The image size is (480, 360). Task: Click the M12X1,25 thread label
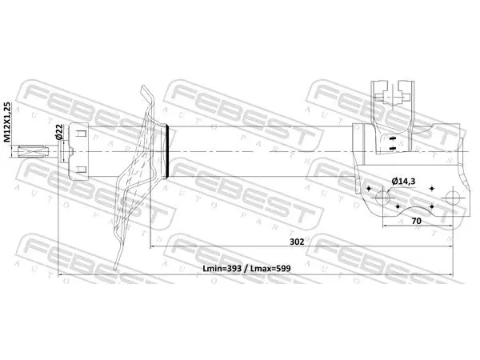point(8,122)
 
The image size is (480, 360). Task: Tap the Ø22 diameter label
point(59,132)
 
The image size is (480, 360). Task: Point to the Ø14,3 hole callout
point(403,182)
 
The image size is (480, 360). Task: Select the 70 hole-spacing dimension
point(416,221)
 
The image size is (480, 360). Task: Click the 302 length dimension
point(297,242)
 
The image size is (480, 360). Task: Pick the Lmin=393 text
point(222,269)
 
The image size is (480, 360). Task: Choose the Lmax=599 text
point(270,269)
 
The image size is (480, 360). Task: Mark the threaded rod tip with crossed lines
point(34,151)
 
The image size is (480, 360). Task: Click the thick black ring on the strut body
point(167,151)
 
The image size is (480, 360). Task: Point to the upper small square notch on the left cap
point(81,134)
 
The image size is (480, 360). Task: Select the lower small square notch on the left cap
point(81,170)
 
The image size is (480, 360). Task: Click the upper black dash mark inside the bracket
point(392,138)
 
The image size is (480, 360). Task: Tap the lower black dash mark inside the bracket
point(392,149)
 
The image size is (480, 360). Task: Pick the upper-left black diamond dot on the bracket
point(368,188)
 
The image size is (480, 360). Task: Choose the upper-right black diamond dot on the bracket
point(432,188)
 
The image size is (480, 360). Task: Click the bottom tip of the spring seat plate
point(115,269)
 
